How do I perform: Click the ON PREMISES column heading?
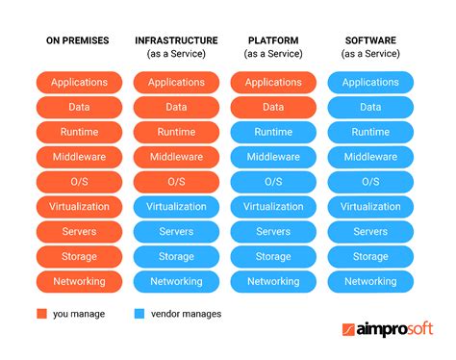79,40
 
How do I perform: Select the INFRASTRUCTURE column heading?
176,40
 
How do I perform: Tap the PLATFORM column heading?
273,40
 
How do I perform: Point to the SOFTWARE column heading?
370,40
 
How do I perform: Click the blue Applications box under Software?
370,83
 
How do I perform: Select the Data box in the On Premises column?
79,107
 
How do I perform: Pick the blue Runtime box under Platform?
273,132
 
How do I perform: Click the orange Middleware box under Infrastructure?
176,157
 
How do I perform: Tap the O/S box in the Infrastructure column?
176,182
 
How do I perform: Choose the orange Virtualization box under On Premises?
79,207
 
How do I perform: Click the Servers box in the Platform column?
273,232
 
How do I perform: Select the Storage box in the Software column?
370,257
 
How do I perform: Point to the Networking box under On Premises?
79,282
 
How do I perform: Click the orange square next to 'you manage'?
41,313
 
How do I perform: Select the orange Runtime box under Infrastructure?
176,132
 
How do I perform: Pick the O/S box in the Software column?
370,182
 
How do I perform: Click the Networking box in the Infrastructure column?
176,282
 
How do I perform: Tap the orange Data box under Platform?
273,107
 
